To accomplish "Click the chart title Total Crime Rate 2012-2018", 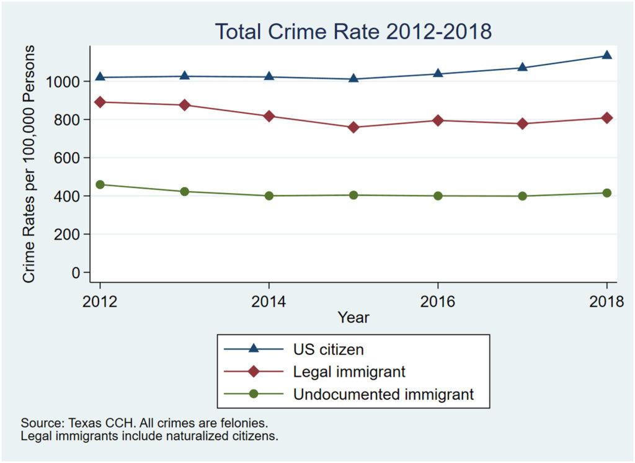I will (x=353, y=31).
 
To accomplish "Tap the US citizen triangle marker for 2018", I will (x=606, y=55).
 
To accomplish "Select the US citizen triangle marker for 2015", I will (x=353, y=78).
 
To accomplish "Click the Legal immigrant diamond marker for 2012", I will (x=100, y=102).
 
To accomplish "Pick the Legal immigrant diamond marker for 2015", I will (x=353, y=127).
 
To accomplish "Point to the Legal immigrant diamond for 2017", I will (x=522, y=124).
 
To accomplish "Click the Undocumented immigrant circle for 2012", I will (x=100, y=184).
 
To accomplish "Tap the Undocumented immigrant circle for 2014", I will (x=269, y=196).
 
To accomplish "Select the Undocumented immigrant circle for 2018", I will (x=606, y=193).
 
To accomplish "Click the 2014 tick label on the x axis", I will (x=269, y=302).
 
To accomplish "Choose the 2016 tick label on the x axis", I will (x=438, y=302).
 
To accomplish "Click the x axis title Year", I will (x=353, y=318).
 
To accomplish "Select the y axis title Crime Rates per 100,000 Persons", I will (x=29, y=164).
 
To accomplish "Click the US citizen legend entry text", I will (x=328, y=349).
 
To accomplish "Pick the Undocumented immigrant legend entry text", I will (x=383, y=393).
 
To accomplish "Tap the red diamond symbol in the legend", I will (x=253, y=372).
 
